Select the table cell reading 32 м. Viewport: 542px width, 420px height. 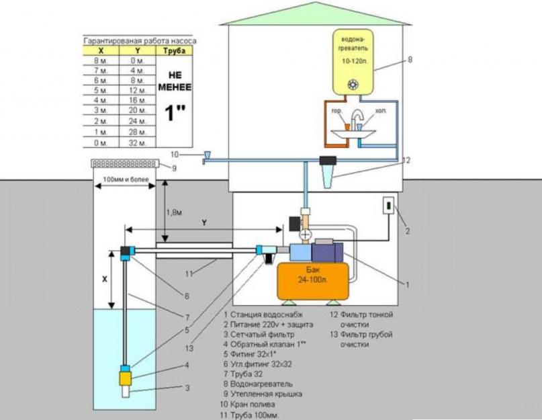[137, 142]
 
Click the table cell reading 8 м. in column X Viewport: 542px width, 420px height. [101, 59]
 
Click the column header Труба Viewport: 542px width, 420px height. [175, 50]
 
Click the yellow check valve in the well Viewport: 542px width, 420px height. [126, 377]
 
